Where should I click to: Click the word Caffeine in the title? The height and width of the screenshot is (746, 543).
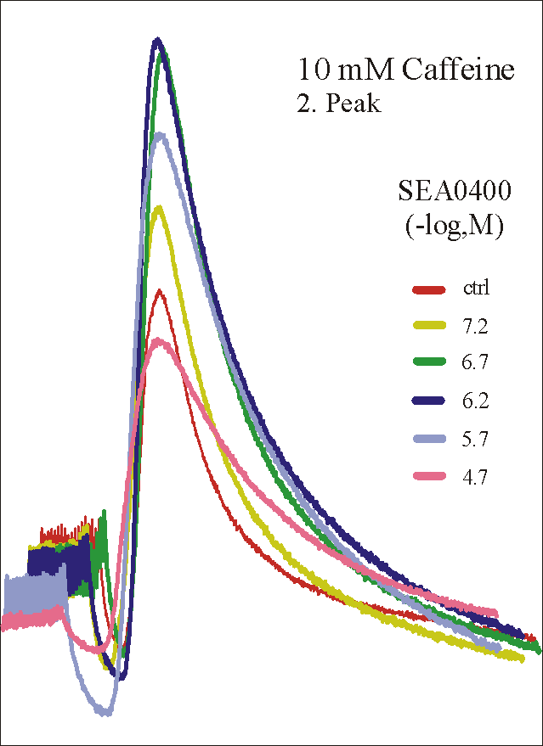pos(459,70)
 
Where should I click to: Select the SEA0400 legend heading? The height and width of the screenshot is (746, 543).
pos(455,192)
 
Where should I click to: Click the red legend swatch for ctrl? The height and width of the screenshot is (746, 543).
pos(428,289)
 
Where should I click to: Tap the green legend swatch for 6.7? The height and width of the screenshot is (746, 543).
pos(428,364)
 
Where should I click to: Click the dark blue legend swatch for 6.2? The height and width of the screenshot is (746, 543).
pos(428,402)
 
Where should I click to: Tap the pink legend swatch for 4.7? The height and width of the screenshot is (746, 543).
pos(428,478)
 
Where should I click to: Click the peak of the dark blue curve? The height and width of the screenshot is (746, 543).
pos(157,40)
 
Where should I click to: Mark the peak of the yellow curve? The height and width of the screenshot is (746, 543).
pos(158,207)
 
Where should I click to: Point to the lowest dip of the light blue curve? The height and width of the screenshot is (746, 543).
pos(105,711)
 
